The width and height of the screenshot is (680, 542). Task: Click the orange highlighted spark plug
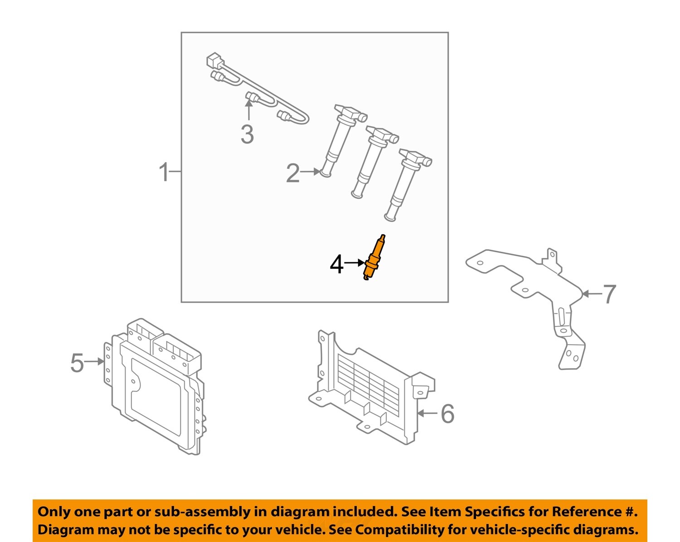[x=374, y=258]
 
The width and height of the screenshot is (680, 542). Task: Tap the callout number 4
[x=336, y=264]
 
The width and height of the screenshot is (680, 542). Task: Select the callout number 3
[x=247, y=134]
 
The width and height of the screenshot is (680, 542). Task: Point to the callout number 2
[x=293, y=173]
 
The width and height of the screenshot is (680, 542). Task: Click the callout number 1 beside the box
[x=164, y=173]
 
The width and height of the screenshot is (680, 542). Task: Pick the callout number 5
[x=77, y=363]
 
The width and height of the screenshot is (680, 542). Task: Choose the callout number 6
[x=447, y=414]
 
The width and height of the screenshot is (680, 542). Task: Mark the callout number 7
[x=609, y=294]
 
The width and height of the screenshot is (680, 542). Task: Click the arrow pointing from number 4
[x=355, y=263]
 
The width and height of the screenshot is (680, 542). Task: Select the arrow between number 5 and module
[x=95, y=361]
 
